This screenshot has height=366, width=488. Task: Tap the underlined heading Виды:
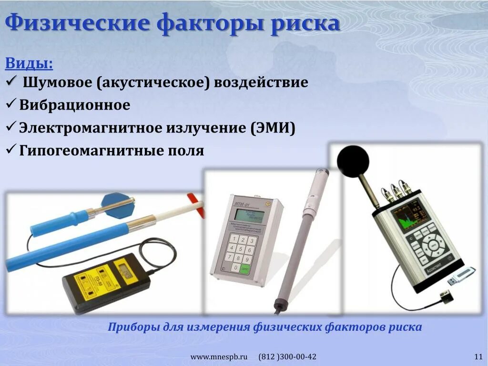[29, 63]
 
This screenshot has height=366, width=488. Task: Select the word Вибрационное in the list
[75, 105]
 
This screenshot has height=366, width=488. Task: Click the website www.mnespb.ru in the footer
[220, 357]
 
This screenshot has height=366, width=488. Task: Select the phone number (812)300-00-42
[287, 357]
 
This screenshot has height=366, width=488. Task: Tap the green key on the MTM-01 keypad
[245, 268]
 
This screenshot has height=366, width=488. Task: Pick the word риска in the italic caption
[407, 327]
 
